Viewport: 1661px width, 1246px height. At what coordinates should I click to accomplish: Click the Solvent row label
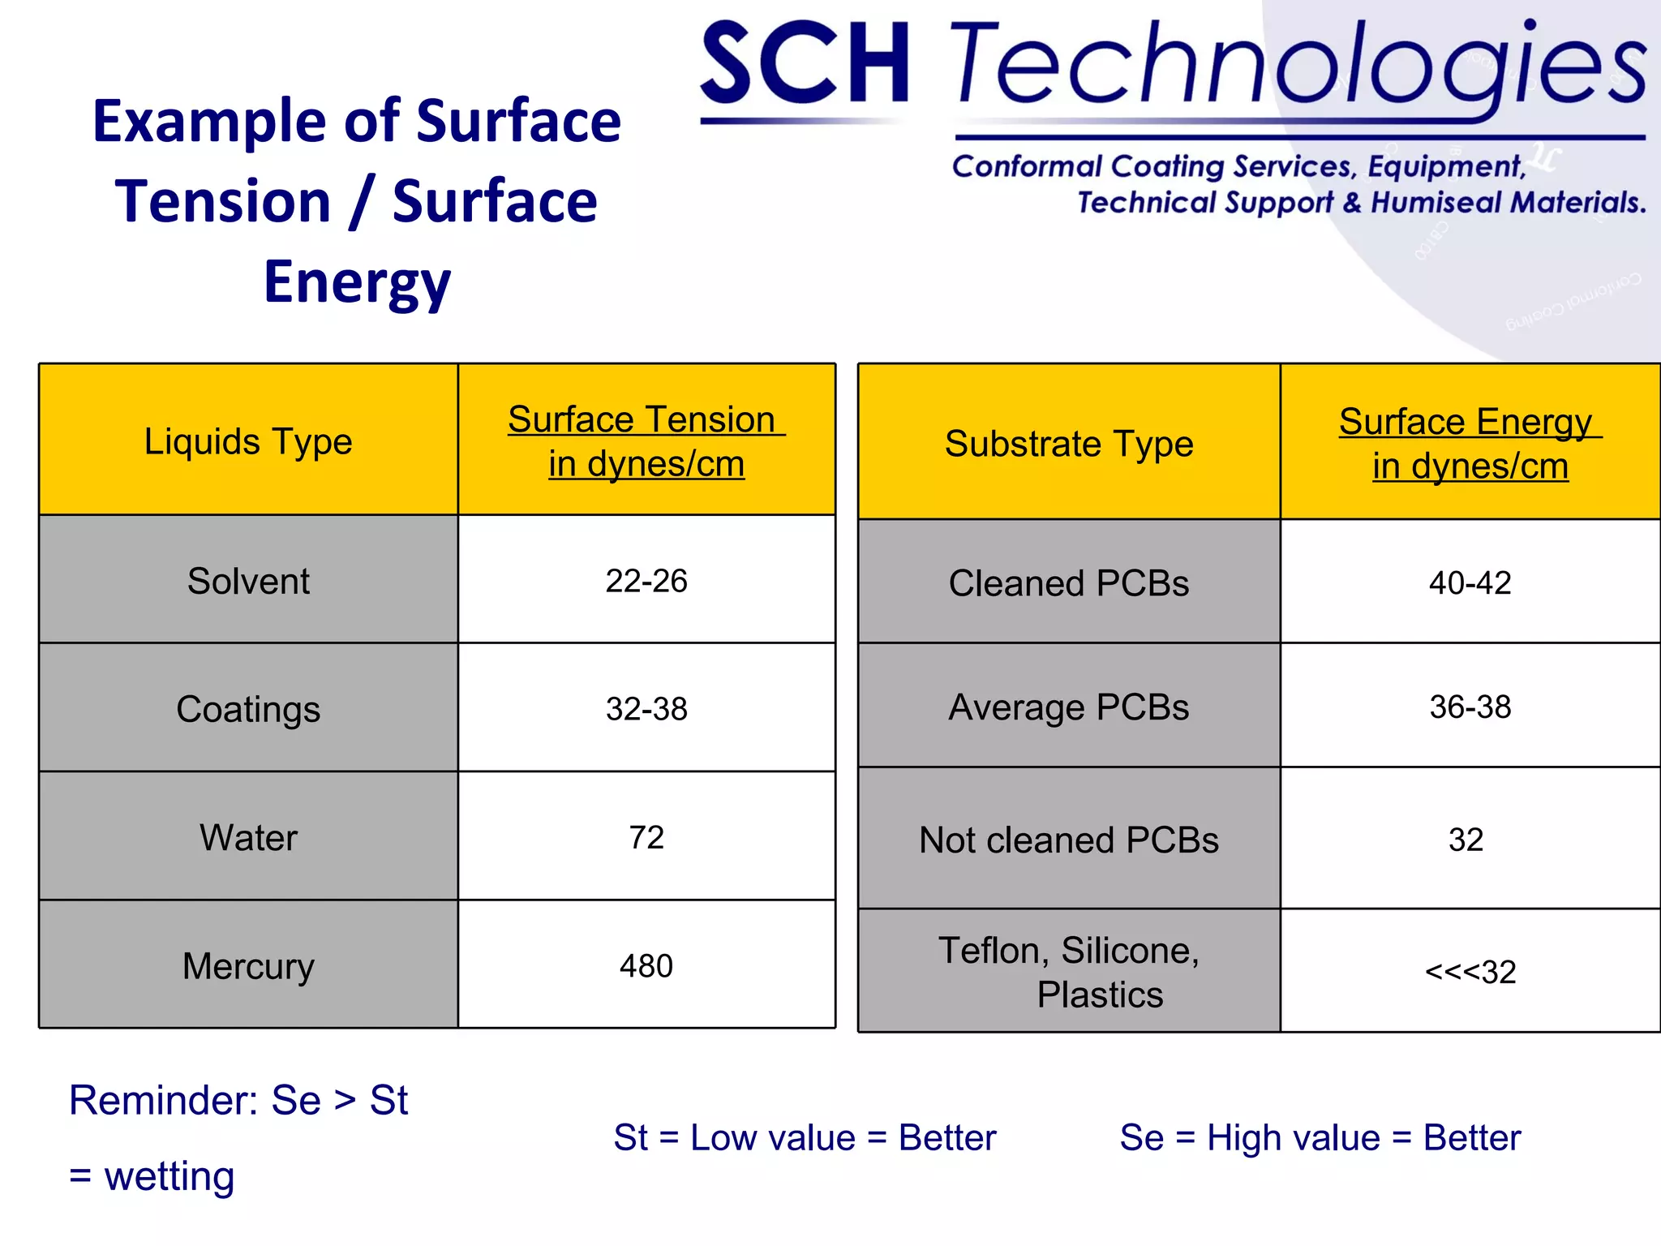(248, 581)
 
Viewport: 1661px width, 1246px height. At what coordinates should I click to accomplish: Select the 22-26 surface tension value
(646, 581)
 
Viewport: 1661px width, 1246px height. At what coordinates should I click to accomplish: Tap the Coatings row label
(248, 709)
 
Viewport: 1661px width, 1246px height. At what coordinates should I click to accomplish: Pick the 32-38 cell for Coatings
(646, 709)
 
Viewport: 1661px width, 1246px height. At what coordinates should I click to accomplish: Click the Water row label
(248, 837)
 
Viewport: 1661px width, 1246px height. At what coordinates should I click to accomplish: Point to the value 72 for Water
(646, 837)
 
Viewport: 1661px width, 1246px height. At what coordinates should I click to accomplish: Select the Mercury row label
(248, 965)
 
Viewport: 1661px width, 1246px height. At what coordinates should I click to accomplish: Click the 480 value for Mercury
(646, 965)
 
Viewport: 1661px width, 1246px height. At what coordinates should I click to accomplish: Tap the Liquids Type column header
(248, 441)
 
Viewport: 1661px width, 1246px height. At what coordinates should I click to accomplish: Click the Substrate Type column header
(1069, 444)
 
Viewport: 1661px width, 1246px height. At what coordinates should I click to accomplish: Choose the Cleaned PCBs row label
(1069, 583)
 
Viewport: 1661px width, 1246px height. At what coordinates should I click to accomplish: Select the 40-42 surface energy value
(1470, 583)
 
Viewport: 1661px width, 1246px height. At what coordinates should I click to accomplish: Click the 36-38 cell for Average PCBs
(1470, 707)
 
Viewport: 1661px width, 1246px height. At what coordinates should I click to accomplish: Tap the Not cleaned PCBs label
(1069, 840)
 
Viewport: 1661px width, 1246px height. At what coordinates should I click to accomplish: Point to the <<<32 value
(1470, 972)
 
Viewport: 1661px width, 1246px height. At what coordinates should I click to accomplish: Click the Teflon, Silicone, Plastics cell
(1069, 972)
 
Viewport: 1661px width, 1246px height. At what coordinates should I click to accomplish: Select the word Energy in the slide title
(357, 281)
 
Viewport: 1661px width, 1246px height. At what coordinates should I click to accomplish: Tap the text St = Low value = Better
(805, 1137)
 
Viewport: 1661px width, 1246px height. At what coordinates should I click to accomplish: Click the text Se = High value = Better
(1320, 1137)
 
